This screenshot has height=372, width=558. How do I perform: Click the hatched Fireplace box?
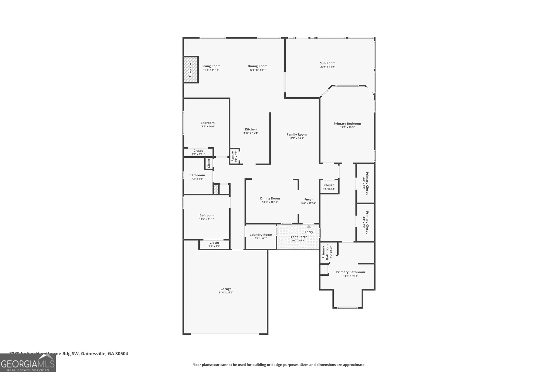(191, 70)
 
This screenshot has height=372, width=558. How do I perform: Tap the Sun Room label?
(328, 63)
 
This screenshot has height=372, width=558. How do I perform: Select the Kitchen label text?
(251, 129)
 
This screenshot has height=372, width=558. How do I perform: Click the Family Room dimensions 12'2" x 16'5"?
(297, 138)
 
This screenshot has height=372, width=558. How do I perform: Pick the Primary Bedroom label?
(347, 124)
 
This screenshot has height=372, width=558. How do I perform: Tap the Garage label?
(226, 289)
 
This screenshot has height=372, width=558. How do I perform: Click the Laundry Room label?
(261, 235)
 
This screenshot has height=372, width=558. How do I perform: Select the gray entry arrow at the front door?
(309, 227)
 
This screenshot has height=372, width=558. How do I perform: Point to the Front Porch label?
(298, 237)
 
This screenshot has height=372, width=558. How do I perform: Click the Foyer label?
(308, 200)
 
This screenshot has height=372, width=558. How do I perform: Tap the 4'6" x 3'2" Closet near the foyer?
(329, 187)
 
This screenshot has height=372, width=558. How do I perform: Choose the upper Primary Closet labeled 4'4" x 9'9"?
(365, 183)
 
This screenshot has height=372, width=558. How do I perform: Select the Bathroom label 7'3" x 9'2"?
(197, 175)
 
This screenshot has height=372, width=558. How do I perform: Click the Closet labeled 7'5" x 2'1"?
(214, 244)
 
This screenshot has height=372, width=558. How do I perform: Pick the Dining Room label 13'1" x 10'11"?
(270, 198)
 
